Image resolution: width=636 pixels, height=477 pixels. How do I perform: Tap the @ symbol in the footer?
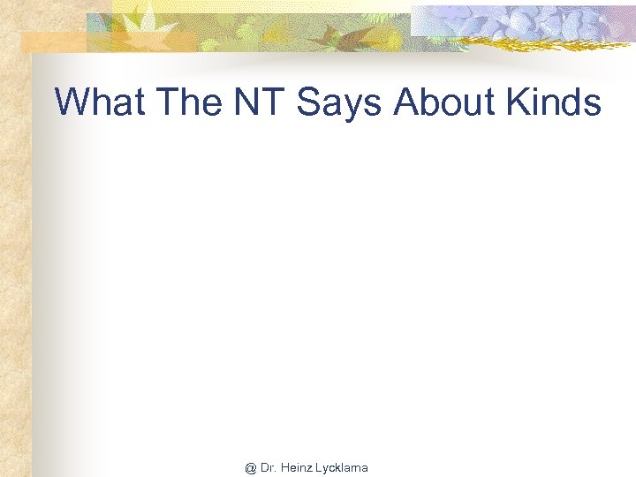251,467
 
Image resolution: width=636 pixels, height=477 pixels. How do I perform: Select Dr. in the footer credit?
268,467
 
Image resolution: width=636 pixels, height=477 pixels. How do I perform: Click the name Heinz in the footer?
297,467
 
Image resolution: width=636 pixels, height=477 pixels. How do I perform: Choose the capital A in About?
405,102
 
